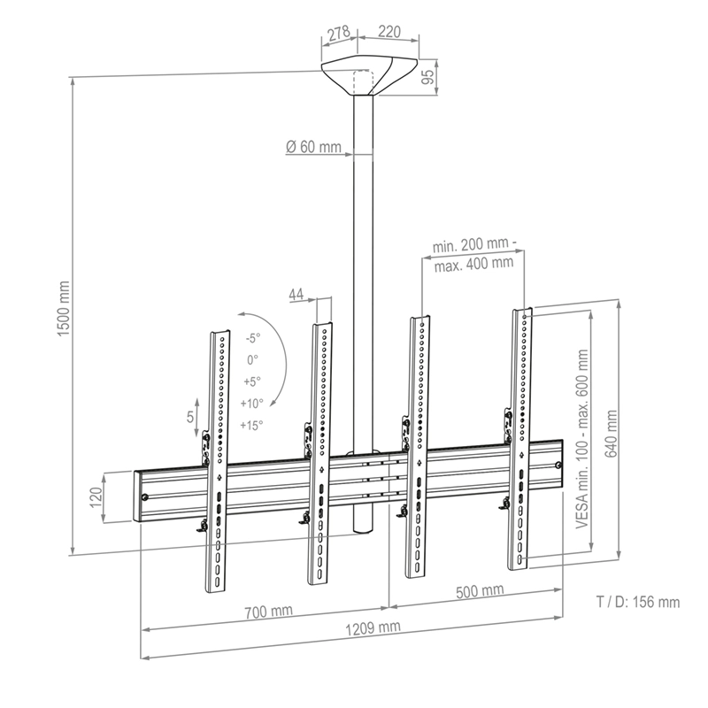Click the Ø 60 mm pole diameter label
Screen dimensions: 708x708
click(313, 148)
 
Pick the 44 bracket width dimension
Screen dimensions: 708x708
click(296, 293)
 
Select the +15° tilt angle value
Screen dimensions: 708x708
click(252, 425)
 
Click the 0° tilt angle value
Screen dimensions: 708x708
click(252, 360)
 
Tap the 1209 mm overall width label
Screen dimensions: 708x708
click(368, 627)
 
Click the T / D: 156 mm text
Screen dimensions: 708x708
click(637, 603)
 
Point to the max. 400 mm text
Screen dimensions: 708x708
click(473, 262)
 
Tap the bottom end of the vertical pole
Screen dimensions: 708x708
click(363, 529)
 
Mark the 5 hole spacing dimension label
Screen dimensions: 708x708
click(190, 417)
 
